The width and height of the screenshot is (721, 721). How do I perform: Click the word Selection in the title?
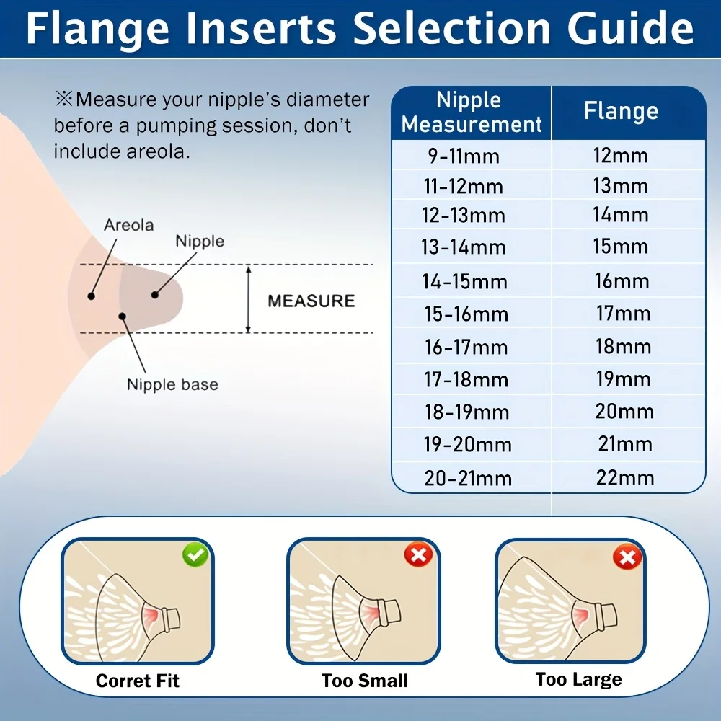pos(452,28)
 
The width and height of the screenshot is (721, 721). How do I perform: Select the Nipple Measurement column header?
pos(471,112)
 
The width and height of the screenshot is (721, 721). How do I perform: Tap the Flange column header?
pos(622,111)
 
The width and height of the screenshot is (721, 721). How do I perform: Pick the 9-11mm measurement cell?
pos(464,156)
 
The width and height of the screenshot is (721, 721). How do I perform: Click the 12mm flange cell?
pos(621,156)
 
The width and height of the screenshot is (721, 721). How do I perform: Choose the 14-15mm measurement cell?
pos(465,281)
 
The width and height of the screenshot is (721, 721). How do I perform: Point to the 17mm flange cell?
pos(624,314)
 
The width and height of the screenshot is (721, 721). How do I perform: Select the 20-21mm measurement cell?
pos(468,478)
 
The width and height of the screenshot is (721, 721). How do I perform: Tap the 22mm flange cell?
pos(625,477)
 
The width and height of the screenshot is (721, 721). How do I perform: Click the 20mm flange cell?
pos(624,411)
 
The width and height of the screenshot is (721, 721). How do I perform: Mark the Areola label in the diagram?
pos(129,225)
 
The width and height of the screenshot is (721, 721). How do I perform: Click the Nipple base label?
pos(172,384)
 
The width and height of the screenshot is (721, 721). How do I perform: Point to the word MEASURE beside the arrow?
pos(311,301)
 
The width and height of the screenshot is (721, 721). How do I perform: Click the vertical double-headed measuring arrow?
pos(248,299)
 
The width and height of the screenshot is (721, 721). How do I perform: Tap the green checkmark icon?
pos(195,555)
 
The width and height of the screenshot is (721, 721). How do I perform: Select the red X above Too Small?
pos(418,554)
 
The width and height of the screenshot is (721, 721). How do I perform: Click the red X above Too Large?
pos(627,557)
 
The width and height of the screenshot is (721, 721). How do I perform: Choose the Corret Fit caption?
pos(138,681)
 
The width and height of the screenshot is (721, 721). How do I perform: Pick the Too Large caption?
pos(578,680)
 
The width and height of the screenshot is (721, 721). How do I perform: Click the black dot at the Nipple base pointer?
pos(123,317)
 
